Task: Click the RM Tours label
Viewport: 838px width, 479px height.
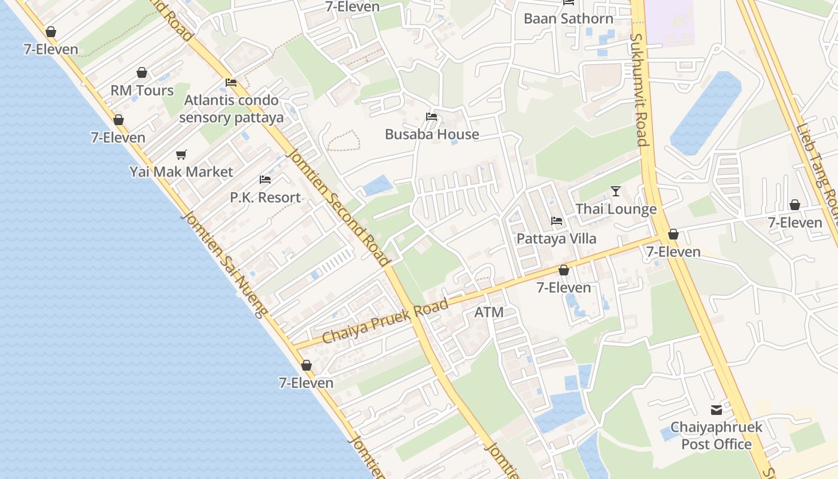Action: tap(142, 91)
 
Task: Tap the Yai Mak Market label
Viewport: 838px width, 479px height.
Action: tap(181, 172)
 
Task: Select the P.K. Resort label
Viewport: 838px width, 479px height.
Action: tap(265, 198)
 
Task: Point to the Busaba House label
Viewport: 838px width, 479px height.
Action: tap(432, 134)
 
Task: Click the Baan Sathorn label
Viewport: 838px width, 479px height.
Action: tap(568, 19)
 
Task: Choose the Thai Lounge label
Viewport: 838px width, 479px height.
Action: tap(616, 210)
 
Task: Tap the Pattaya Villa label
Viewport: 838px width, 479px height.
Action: tap(556, 239)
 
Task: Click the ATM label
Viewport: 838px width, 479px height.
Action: tap(489, 313)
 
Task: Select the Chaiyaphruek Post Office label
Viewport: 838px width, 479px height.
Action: tap(716, 436)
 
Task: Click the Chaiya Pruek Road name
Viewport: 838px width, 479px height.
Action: tap(385, 322)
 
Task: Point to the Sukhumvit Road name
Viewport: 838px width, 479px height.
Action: tap(639, 90)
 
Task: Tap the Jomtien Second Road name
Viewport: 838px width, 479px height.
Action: tap(338, 207)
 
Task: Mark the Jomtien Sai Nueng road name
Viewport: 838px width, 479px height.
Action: tap(224, 264)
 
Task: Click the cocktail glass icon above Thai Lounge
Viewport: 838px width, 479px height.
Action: tap(616, 192)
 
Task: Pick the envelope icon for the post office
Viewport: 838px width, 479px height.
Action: tap(716, 410)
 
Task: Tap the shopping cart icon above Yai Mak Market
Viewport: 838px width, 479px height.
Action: tap(181, 154)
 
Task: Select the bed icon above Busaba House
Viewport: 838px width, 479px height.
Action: tap(432, 116)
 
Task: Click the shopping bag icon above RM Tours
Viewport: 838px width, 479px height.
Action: tap(142, 72)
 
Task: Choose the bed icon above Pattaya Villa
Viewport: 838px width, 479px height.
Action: tap(556, 221)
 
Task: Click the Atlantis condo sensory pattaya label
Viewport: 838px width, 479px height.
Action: tap(231, 108)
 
